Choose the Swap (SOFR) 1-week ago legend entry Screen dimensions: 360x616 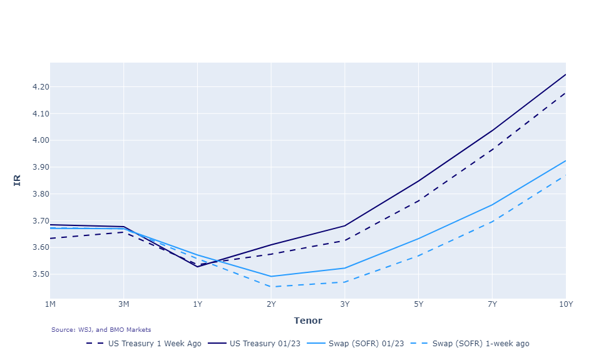pos(481,343)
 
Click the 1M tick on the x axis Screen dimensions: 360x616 pos(50,304)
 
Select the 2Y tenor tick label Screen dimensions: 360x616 pos(271,304)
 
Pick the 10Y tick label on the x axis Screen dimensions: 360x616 pos(565,304)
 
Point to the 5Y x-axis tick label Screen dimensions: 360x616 pos(418,304)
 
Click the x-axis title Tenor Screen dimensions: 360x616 pos(308,321)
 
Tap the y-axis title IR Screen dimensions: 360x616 pos(17,180)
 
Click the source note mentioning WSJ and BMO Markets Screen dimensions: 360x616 pos(101,329)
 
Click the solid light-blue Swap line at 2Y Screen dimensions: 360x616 pos(271,276)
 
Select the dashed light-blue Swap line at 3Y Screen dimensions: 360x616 pos(345,282)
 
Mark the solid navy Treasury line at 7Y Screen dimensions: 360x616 pos(492,130)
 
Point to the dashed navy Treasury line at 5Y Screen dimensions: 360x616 pos(418,201)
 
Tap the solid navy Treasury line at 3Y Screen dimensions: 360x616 pos(345,225)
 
